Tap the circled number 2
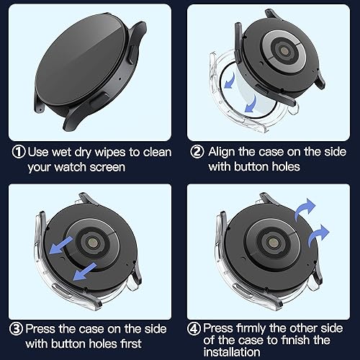[x=196, y=152]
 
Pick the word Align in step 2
[x=225, y=152]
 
